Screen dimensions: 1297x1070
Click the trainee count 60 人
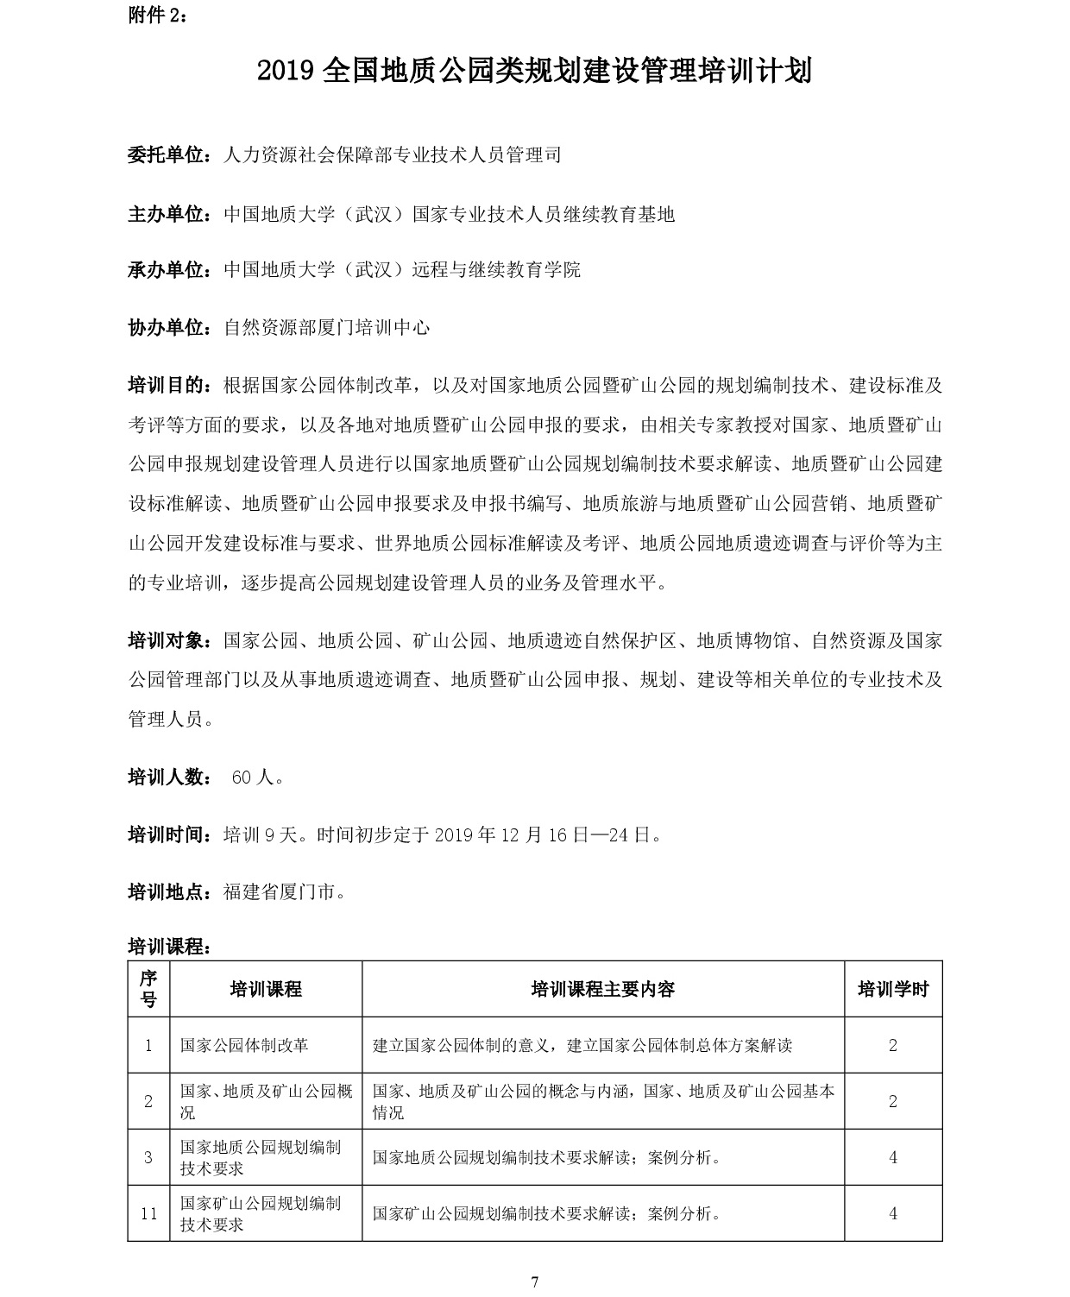(257, 778)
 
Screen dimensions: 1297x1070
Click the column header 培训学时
(893, 989)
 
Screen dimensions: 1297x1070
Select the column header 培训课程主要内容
(602, 989)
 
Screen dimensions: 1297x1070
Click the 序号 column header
(148, 989)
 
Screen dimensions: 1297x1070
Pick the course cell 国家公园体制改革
(244, 1045)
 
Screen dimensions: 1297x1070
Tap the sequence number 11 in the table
(148, 1213)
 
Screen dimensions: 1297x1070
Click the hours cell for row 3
(893, 1157)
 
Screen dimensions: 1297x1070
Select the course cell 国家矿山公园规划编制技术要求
(260, 1213)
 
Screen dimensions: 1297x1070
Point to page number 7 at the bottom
(535, 1281)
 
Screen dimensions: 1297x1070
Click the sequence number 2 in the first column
(148, 1101)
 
